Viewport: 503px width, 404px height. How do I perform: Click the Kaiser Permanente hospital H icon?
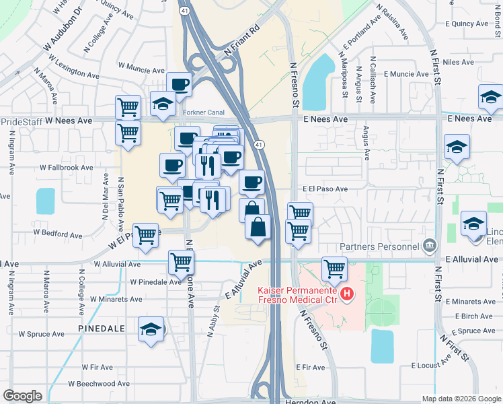pyautogui.click(x=347, y=294)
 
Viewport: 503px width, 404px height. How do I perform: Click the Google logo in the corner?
pyautogui.click(x=22, y=396)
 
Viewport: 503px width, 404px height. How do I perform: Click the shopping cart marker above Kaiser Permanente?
pyautogui.click(x=334, y=269)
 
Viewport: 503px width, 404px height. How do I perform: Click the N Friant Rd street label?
pyautogui.click(x=241, y=41)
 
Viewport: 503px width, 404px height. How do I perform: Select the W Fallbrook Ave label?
pyautogui.click(x=66, y=167)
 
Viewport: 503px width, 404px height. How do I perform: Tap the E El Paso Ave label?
pyautogui.click(x=325, y=189)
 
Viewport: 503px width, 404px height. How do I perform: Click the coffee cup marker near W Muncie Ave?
pyautogui.click(x=180, y=84)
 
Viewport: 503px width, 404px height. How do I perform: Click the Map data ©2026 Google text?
pyautogui.click(x=461, y=399)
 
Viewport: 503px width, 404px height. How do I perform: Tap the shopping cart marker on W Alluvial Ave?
pyautogui.click(x=181, y=261)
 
